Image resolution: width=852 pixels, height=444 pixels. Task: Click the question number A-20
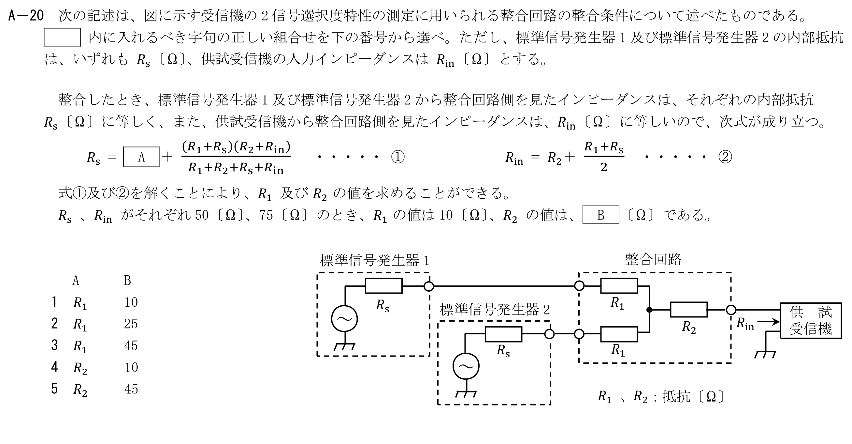click(x=26, y=16)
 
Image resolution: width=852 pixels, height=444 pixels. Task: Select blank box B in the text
click(x=600, y=215)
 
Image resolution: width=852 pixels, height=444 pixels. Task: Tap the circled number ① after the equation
click(x=397, y=157)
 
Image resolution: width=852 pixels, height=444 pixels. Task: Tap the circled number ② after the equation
click(x=725, y=157)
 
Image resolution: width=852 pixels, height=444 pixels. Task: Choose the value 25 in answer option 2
click(x=131, y=324)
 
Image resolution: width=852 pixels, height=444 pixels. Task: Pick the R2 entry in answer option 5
click(x=80, y=390)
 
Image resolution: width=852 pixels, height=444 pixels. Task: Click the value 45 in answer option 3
click(x=131, y=346)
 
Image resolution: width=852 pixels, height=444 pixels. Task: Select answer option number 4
click(x=54, y=367)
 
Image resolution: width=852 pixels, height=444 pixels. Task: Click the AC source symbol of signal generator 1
click(x=345, y=318)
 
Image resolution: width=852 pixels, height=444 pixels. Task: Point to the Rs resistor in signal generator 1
click(x=384, y=286)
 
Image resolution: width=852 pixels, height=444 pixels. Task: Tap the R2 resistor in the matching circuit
click(x=689, y=310)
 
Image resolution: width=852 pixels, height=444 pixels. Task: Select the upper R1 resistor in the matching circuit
click(x=619, y=286)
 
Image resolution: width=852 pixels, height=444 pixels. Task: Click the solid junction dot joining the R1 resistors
click(x=649, y=310)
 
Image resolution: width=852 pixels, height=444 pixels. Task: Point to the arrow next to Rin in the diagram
click(x=769, y=321)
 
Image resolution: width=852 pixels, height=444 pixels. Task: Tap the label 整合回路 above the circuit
click(x=653, y=259)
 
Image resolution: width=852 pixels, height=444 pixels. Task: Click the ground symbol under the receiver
click(x=765, y=355)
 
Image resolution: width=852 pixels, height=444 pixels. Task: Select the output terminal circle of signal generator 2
click(x=549, y=334)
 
